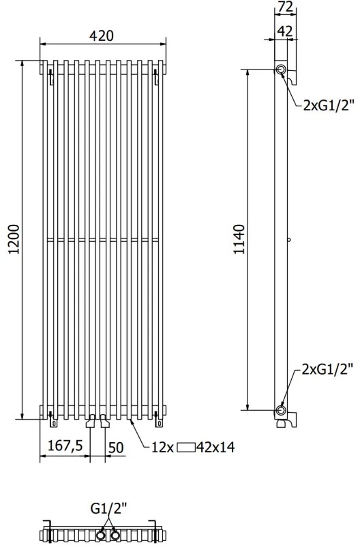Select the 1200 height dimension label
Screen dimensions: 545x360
tap(12, 240)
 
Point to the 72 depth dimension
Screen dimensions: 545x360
tap(286, 7)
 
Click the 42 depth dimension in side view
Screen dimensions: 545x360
tap(286, 30)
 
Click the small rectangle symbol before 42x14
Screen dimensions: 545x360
tap(185, 448)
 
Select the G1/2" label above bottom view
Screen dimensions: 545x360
tap(109, 508)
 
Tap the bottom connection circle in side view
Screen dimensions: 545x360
tap(281, 410)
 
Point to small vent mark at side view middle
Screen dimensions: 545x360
tap(289, 240)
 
